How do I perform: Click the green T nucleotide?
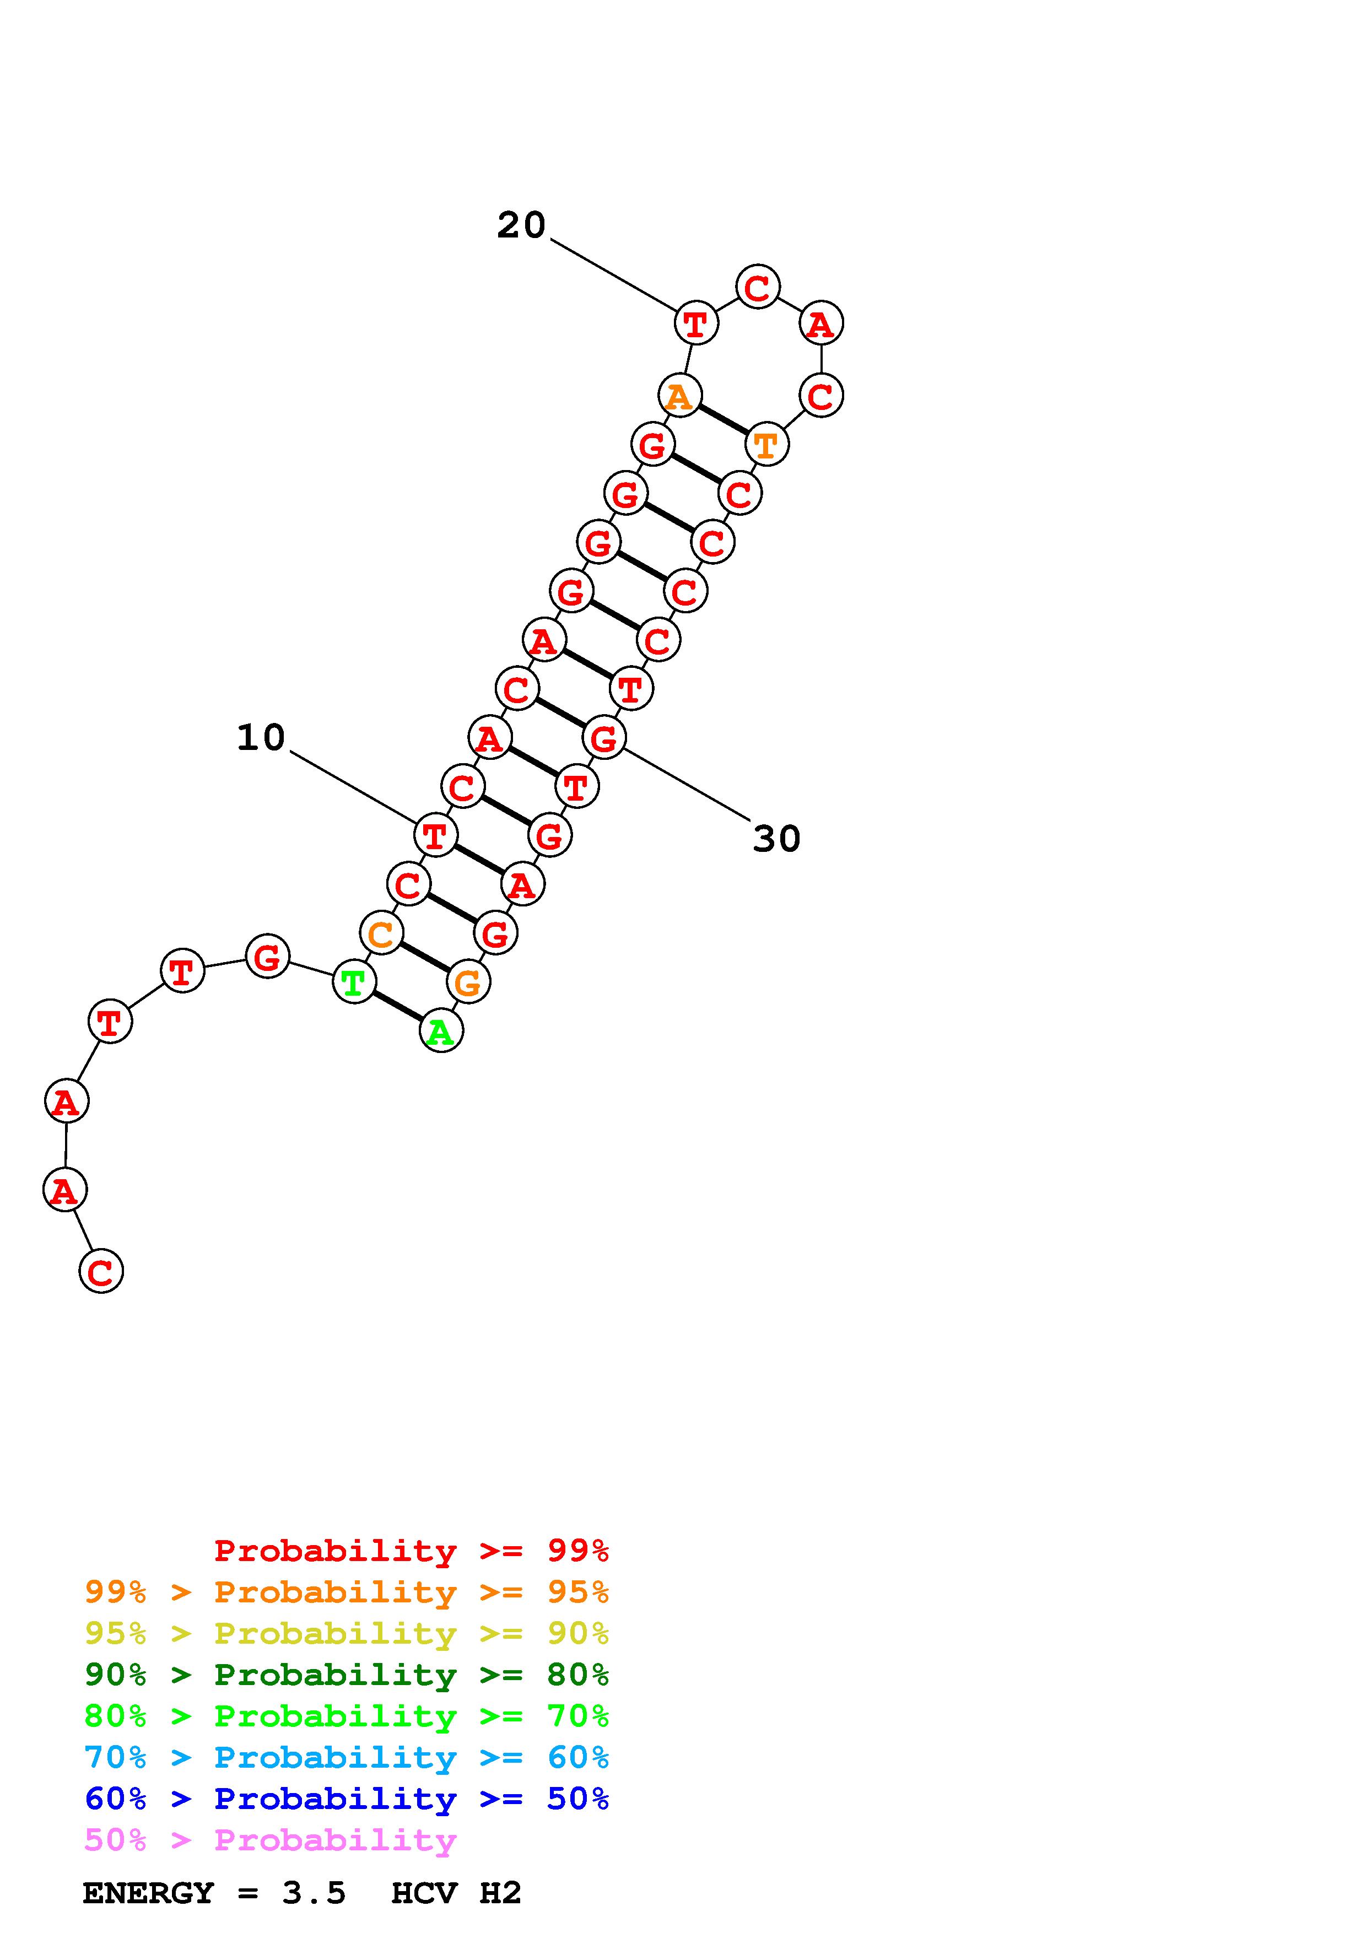[x=354, y=982]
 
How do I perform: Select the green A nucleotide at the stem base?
[x=441, y=1032]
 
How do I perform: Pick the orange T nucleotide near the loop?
[x=766, y=445]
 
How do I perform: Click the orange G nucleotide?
[x=468, y=982]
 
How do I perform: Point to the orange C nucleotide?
[x=380, y=933]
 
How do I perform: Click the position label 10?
[x=261, y=737]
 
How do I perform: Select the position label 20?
[x=521, y=225]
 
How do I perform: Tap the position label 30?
[x=776, y=839]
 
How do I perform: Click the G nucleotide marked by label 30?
[x=603, y=738]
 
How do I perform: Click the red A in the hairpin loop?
[x=820, y=323]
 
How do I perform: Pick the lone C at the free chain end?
[x=101, y=1271]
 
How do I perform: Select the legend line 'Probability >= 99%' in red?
[x=411, y=1550]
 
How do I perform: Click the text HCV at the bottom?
[x=423, y=1893]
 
